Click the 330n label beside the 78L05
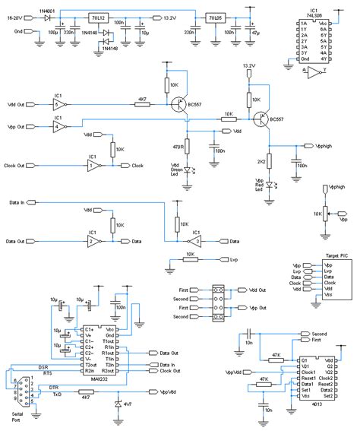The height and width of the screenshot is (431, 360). point(188,33)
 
